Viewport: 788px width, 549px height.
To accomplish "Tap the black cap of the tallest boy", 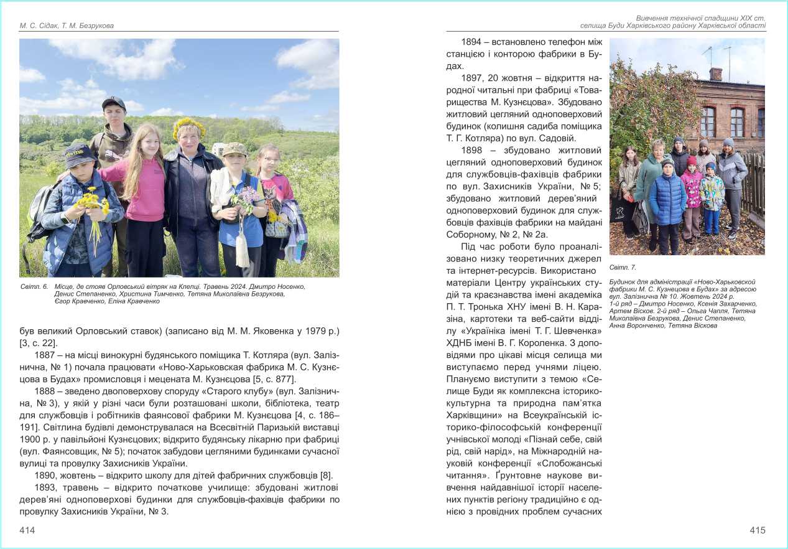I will (x=113, y=103).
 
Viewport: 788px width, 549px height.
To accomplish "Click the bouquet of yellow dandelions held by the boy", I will (x=91, y=202).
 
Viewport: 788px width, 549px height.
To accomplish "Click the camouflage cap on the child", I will (x=235, y=149).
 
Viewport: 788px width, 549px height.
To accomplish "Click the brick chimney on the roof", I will (x=716, y=75).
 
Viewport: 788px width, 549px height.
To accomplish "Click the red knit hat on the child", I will (x=692, y=161).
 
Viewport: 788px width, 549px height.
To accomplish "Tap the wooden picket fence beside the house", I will (x=754, y=187).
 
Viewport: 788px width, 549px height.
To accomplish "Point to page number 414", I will (x=27, y=530).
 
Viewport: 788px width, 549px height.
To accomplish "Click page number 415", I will (x=757, y=530).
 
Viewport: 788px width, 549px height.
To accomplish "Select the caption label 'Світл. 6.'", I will (x=34, y=286).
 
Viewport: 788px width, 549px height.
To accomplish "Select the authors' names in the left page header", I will (x=67, y=26).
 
